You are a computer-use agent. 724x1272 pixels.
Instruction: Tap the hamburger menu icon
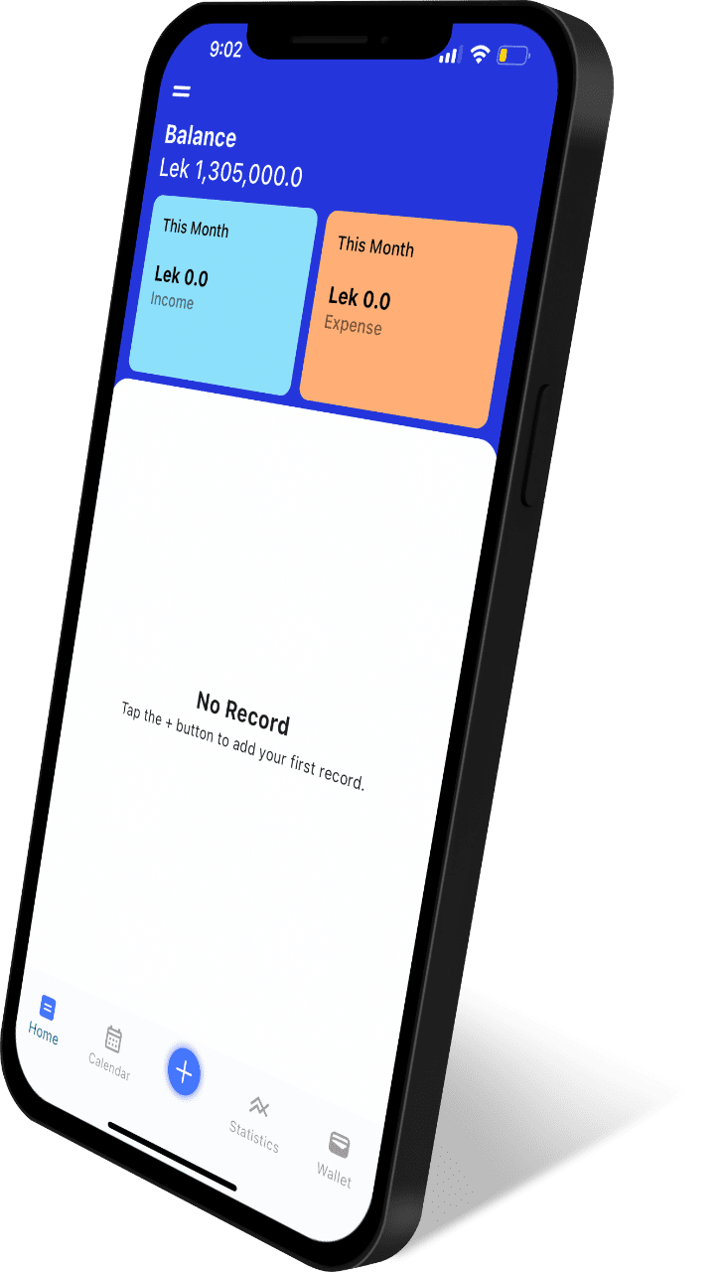tap(182, 90)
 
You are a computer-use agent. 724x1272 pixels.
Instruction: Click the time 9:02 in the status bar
tap(225, 50)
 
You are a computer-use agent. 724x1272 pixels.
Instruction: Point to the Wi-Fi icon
tap(480, 54)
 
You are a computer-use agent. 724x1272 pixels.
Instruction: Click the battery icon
tap(513, 56)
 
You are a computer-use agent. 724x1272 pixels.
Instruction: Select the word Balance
tap(201, 136)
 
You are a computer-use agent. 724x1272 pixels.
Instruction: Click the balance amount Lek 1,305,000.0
tap(230, 172)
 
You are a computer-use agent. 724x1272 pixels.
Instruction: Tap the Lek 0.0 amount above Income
tap(181, 276)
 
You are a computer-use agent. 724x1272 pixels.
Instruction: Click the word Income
tap(172, 300)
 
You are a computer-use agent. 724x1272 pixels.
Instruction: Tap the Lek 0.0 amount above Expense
tap(360, 298)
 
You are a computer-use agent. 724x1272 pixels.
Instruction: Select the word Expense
tap(353, 325)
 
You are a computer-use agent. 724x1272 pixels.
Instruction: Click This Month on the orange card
tap(375, 246)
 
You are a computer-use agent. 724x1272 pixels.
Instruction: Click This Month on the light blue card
tap(196, 228)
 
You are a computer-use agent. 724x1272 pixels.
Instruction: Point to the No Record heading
tap(243, 714)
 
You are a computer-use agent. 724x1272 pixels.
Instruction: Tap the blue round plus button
tap(184, 1071)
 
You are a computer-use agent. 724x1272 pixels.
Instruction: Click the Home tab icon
tap(48, 1008)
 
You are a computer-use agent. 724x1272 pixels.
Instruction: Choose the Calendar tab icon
tap(113, 1038)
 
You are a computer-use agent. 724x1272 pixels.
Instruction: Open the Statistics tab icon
tap(259, 1106)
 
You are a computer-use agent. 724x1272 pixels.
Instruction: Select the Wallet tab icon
tap(340, 1144)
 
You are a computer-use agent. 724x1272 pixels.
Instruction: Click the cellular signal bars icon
tap(450, 54)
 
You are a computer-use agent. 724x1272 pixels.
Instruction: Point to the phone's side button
tap(534, 444)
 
